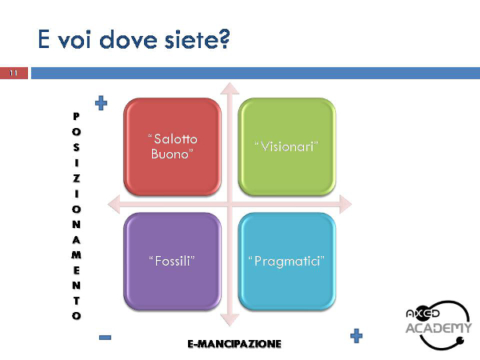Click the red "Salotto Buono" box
click(x=172, y=146)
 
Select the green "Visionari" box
click(x=287, y=146)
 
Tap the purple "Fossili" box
click(x=172, y=261)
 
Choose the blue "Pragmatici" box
click(x=287, y=261)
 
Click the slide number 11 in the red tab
click(x=14, y=73)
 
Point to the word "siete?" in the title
click(x=197, y=39)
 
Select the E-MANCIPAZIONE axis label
click(x=234, y=344)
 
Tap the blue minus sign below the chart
click(x=105, y=338)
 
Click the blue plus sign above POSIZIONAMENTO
click(x=102, y=103)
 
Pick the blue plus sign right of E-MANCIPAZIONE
click(x=356, y=336)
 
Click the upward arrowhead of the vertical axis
click(x=230, y=88)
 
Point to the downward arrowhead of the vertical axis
click(x=230, y=319)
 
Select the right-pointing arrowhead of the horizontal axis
click(x=346, y=204)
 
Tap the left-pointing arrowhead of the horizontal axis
click(x=114, y=204)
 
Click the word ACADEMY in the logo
click(x=438, y=328)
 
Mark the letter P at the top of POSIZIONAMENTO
click(x=76, y=116)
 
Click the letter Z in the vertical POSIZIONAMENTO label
click(x=76, y=178)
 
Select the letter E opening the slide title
click(x=43, y=39)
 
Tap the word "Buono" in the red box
click(x=172, y=154)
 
